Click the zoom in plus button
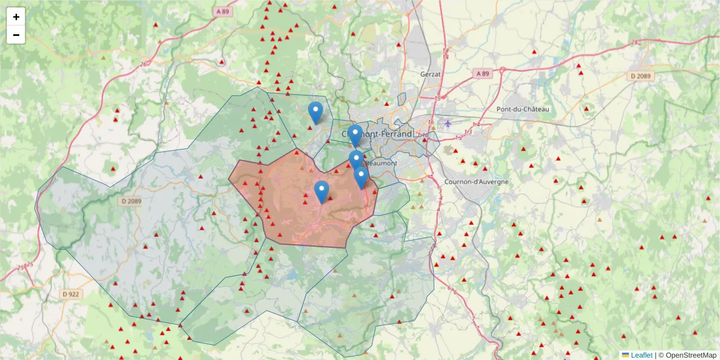coord(16,17)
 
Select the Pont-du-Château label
coord(523,109)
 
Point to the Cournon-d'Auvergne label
coord(476,181)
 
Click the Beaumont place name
coord(382,163)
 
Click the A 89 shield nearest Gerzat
coord(482,73)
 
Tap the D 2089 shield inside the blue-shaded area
coord(130,201)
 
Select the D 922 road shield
coord(71,294)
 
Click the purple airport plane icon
coord(448,124)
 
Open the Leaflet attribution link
coord(641,355)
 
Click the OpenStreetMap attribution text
coord(690,355)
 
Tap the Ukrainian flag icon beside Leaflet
coord(625,355)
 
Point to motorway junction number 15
coord(437,98)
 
